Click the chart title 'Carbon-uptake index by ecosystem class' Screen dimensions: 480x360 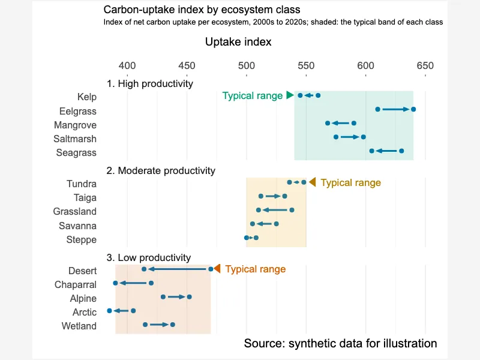[x=202, y=10]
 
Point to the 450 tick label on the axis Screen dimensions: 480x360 [x=187, y=65]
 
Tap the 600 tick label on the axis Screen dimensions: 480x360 [x=365, y=65]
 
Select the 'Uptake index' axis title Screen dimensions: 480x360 [x=238, y=42]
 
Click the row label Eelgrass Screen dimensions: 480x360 [x=78, y=111]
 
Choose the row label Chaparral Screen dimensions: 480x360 [x=76, y=284]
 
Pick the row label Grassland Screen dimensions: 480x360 [x=74, y=212]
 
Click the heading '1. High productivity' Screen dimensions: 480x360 [x=149, y=83]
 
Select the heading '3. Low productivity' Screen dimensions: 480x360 [x=148, y=257]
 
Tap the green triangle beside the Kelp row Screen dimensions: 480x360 [x=290, y=95]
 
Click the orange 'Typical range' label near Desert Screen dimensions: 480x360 [x=256, y=269]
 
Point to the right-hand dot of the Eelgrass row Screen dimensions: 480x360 [x=413, y=109]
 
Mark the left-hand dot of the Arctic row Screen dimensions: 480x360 [x=110, y=311]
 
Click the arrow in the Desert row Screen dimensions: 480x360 [x=177, y=269]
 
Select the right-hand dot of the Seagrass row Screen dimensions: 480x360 [x=401, y=151]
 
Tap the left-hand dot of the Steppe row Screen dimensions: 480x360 [x=247, y=238]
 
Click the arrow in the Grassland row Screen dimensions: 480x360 [x=275, y=210]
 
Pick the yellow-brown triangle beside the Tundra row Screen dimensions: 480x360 [x=312, y=182]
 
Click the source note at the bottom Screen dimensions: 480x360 [x=340, y=343]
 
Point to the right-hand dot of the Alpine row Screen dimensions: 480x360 [x=189, y=297]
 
